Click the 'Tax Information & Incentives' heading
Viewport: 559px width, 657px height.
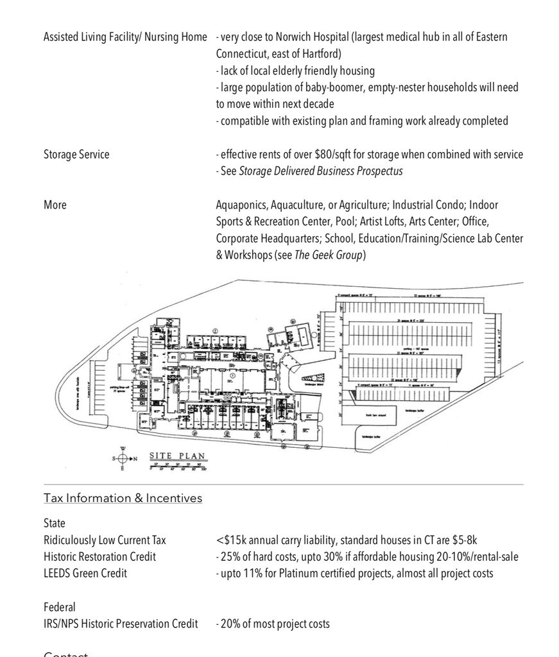tap(123, 499)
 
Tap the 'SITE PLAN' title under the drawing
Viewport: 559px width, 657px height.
tap(178, 456)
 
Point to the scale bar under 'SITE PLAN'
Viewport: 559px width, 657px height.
tap(178, 466)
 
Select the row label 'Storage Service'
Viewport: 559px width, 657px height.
tap(76, 155)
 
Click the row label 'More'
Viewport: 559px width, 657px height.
tap(55, 205)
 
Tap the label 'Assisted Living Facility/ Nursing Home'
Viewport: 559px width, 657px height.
tap(125, 37)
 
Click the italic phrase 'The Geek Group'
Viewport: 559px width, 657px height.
tap(328, 255)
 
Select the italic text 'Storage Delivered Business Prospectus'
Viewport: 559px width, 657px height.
tap(321, 171)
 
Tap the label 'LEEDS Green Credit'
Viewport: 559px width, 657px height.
tap(85, 574)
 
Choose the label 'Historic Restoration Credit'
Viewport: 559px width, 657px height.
tap(99, 557)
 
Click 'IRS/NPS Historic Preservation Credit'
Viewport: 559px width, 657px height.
tap(121, 624)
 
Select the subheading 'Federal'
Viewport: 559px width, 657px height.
tap(60, 607)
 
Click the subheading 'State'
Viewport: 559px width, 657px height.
tap(55, 524)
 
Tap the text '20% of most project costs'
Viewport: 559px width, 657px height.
tap(275, 624)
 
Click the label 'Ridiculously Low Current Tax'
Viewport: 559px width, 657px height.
tap(105, 540)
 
